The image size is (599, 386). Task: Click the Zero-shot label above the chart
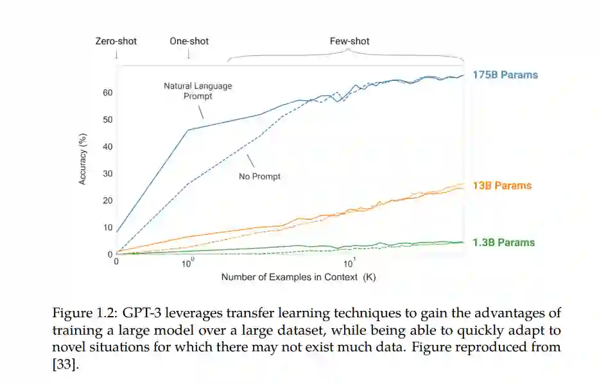[116, 41]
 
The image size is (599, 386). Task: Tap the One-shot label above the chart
[189, 41]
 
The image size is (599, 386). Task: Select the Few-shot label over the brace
[349, 41]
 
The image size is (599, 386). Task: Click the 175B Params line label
[505, 75]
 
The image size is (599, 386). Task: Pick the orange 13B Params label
[502, 186]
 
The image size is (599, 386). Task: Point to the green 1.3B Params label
[503, 243]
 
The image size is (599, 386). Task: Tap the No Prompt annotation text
[259, 176]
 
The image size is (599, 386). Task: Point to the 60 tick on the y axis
[107, 92]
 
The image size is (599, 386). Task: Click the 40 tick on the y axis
[107, 146]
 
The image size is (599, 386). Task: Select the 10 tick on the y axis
[107, 227]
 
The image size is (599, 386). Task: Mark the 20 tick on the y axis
[107, 200]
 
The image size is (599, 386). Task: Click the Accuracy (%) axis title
[82, 159]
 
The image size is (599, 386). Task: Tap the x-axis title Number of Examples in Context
[298, 277]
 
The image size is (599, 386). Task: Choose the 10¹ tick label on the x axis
[349, 263]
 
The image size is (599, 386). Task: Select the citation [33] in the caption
[64, 363]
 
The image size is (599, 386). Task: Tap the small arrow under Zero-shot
[116, 55]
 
